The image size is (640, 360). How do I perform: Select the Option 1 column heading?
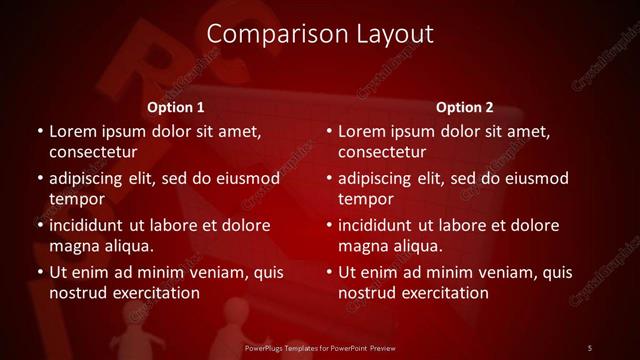coord(176,107)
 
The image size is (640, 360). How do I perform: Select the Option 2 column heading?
coord(465,107)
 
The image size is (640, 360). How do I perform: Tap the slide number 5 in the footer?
coord(590,347)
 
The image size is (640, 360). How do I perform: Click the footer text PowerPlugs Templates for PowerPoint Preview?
coord(320,347)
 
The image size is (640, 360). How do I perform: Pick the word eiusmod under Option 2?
coord(536,179)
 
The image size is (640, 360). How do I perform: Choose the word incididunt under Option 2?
coord(376,226)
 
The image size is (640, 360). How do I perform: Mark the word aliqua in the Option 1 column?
coord(127,246)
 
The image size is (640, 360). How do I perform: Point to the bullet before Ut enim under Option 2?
coord(328,273)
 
